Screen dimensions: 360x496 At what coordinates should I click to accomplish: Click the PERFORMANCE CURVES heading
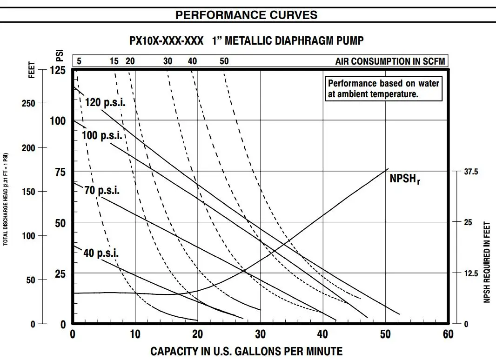(x=246, y=15)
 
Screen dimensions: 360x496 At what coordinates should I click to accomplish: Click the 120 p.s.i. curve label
(x=106, y=102)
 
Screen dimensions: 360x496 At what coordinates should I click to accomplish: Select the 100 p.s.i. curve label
(x=102, y=136)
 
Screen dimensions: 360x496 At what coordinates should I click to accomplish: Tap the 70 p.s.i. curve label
(x=102, y=190)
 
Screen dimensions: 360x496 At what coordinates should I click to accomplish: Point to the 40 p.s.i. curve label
(x=101, y=253)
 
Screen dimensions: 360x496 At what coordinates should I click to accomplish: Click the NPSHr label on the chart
(x=404, y=179)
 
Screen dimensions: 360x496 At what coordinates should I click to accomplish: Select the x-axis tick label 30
(x=261, y=334)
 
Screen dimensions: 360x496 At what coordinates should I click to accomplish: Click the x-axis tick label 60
(x=448, y=334)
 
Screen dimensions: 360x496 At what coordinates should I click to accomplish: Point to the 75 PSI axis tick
(x=60, y=172)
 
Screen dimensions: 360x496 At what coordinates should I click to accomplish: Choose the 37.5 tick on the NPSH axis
(x=470, y=172)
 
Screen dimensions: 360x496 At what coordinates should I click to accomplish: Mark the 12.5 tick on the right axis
(x=470, y=273)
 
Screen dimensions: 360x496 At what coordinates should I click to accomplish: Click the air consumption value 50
(x=224, y=61)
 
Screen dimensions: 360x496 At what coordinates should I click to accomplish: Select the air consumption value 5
(x=79, y=61)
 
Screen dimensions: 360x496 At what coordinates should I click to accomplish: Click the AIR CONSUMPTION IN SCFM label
(x=390, y=61)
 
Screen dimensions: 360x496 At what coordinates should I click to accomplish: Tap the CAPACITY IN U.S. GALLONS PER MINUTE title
(x=246, y=352)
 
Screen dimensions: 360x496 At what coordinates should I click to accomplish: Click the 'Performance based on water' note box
(x=383, y=89)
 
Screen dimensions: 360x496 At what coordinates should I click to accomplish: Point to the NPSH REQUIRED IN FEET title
(x=487, y=261)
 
